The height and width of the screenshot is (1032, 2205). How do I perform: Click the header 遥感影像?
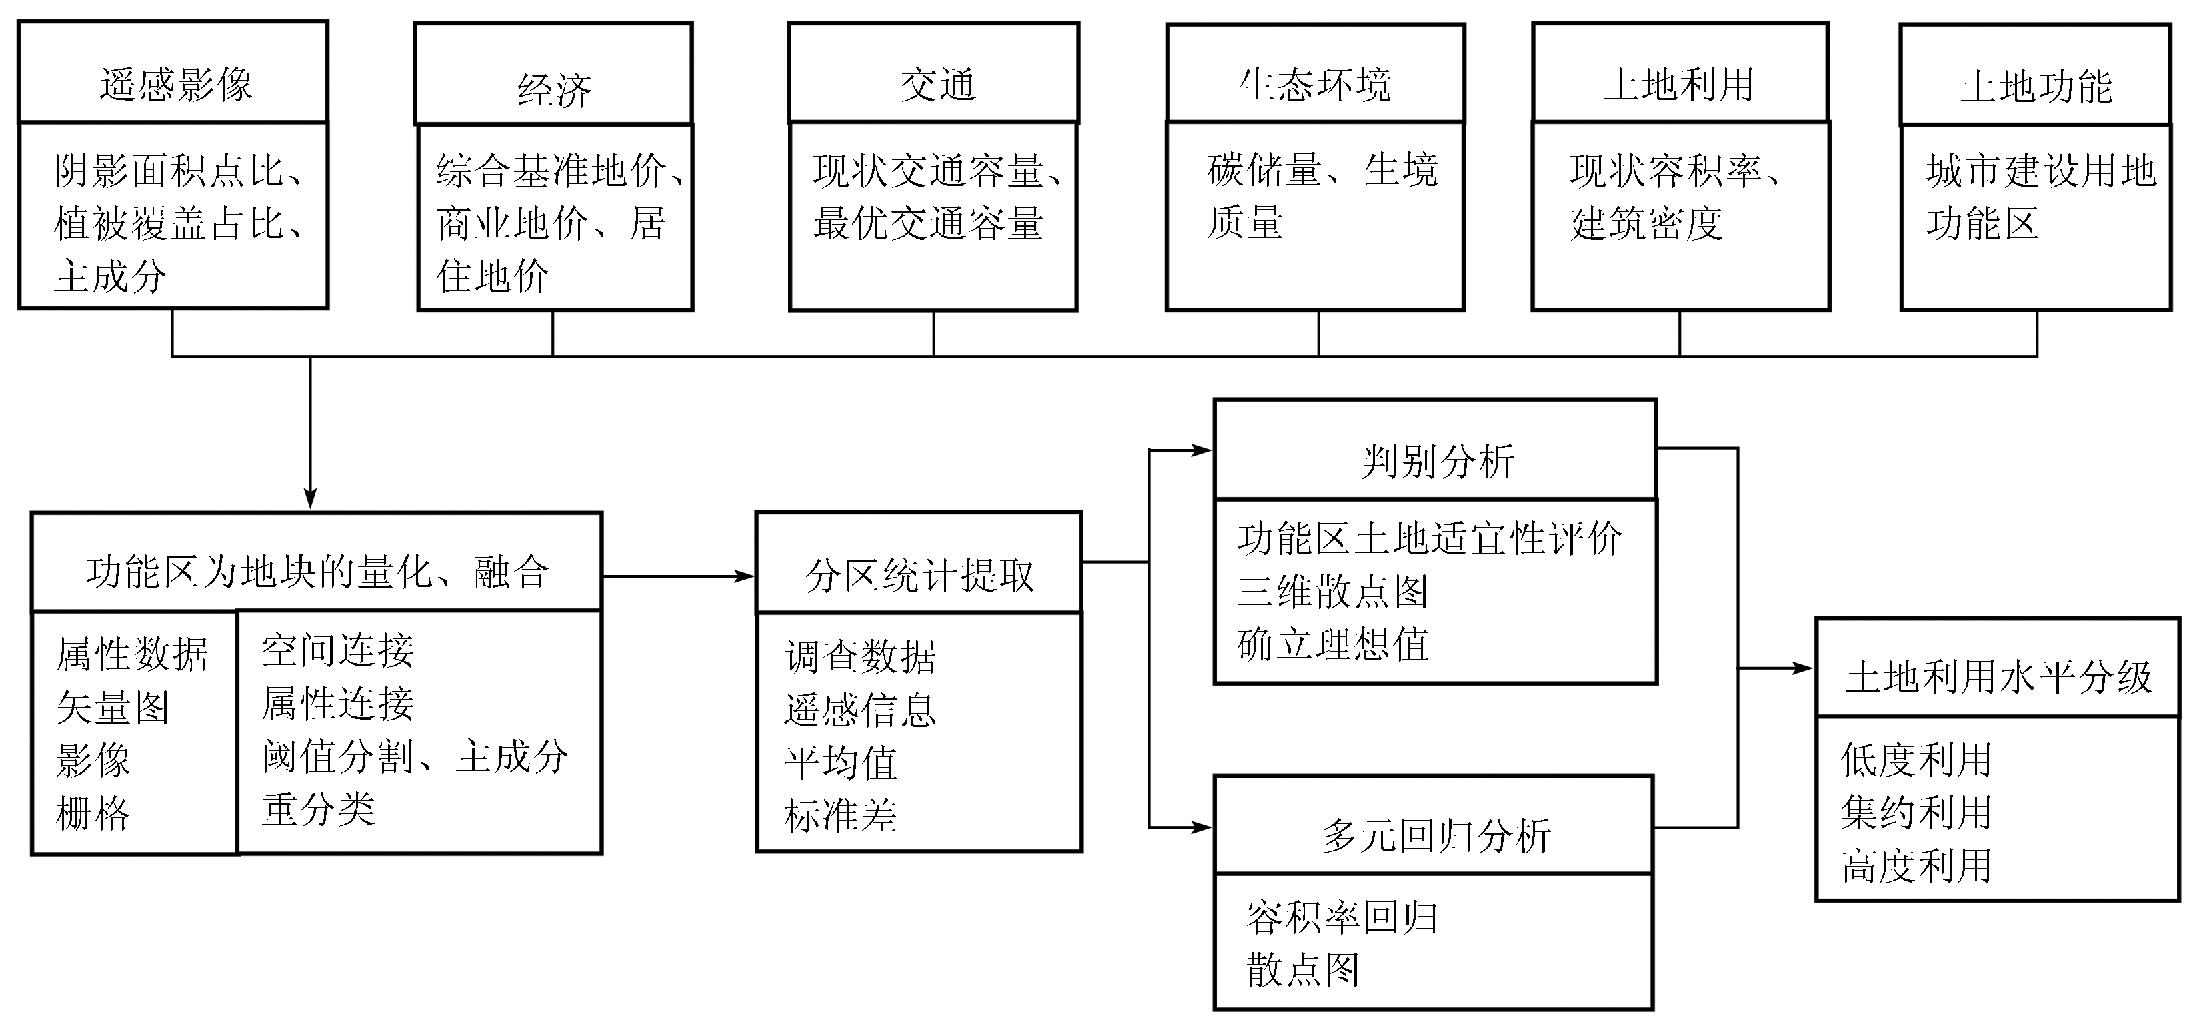175,85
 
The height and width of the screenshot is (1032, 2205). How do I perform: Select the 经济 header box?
554,90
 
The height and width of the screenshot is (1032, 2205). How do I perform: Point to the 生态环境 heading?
1315,85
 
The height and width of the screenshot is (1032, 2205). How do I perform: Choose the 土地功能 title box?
2036,87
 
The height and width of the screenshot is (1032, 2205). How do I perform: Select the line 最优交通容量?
928,223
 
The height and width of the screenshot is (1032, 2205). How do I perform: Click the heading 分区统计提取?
919,576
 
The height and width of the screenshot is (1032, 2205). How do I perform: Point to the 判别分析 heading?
1437,461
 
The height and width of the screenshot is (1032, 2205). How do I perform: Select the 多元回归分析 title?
1436,836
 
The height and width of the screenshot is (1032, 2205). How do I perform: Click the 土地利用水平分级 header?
1998,676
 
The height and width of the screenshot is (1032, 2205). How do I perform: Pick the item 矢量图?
112,707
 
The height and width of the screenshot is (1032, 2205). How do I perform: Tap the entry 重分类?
319,809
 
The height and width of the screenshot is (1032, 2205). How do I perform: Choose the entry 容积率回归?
1342,918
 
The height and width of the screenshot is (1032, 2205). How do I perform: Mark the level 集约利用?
1916,812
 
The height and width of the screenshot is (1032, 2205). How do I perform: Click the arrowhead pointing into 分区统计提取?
746,576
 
